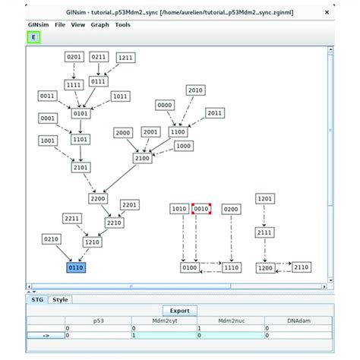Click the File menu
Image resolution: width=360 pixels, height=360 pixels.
click(59, 24)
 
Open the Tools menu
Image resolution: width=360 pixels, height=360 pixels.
click(123, 24)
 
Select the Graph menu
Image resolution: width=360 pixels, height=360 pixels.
click(99, 24)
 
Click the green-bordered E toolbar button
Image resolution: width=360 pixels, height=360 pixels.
click(33, 37)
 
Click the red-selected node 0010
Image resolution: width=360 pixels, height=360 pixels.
click(201, 208)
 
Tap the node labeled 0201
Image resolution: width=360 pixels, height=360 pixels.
click(73, 56)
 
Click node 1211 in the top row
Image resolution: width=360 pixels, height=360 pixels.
click(125, 57)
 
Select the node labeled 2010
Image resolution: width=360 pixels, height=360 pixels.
click(194, 90)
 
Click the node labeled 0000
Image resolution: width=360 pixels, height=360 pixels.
click(165, 105)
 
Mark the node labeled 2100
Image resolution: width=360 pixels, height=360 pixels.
click(142, 158)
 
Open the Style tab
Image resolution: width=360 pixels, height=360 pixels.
click(60, 299)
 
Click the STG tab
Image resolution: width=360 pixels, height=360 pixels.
click(36, 299)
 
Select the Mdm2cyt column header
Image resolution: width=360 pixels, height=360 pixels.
click(163, 321)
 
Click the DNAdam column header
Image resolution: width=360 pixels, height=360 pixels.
click(297, 321)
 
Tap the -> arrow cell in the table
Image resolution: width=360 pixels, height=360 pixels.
click(46, 335)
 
